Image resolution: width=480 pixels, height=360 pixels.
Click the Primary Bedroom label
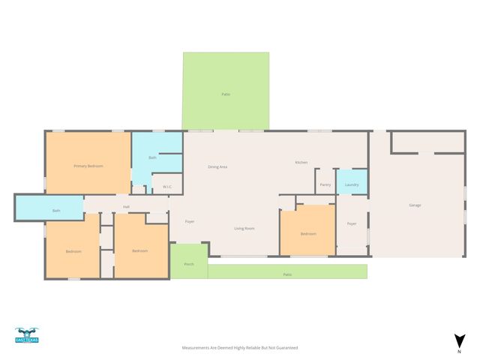coord(88,166)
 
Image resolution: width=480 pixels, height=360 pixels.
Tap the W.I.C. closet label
coord(167,187)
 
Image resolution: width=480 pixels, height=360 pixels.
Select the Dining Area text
coord(217,166)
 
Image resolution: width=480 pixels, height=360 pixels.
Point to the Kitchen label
coord(301,163)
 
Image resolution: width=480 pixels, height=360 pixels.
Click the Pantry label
coord(325,184)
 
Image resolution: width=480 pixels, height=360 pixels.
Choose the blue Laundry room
coord(352,184)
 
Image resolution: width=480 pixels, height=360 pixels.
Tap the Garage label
coord(415,205)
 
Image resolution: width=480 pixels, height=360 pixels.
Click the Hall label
coord(127,208)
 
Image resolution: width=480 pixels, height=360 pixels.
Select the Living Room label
coord(244,229)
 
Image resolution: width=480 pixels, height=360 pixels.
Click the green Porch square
coord(189,263)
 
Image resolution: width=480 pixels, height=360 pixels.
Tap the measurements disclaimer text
coord(240,348)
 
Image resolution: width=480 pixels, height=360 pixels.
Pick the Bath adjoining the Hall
coord(55,211)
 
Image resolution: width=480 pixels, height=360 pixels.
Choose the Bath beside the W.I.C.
coord(153,157)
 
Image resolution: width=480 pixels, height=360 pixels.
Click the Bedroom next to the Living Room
coord(307,233)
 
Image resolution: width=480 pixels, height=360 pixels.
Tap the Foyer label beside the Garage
coord(352,224)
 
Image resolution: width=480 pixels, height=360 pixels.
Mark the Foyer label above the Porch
coord(190,221)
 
